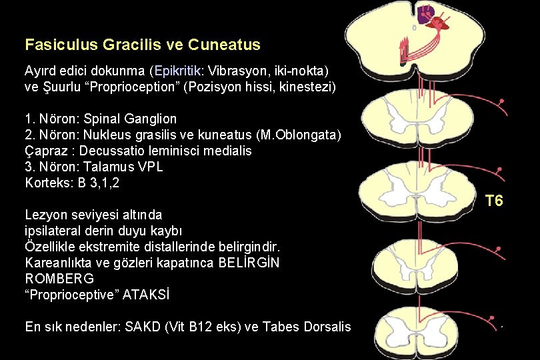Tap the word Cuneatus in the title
pos(224,45)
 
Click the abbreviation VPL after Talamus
pos(149,167)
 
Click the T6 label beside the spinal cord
pos(494,201)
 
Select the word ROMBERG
pos(59,278)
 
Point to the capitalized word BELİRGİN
pos(249,262)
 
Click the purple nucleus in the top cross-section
pos(426,12)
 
